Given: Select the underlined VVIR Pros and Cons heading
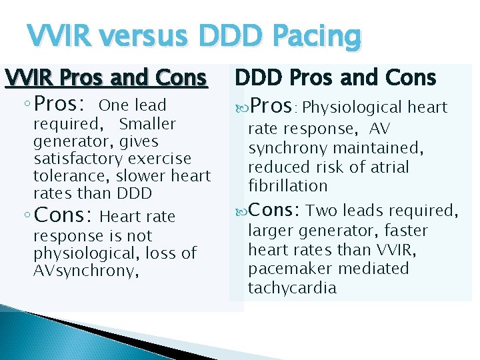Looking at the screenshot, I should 106,79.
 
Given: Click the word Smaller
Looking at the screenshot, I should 147,124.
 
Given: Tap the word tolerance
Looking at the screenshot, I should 72,176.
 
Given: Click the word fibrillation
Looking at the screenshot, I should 287,185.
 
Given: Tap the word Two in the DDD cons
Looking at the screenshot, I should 322,211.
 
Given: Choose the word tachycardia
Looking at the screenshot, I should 292,288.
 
